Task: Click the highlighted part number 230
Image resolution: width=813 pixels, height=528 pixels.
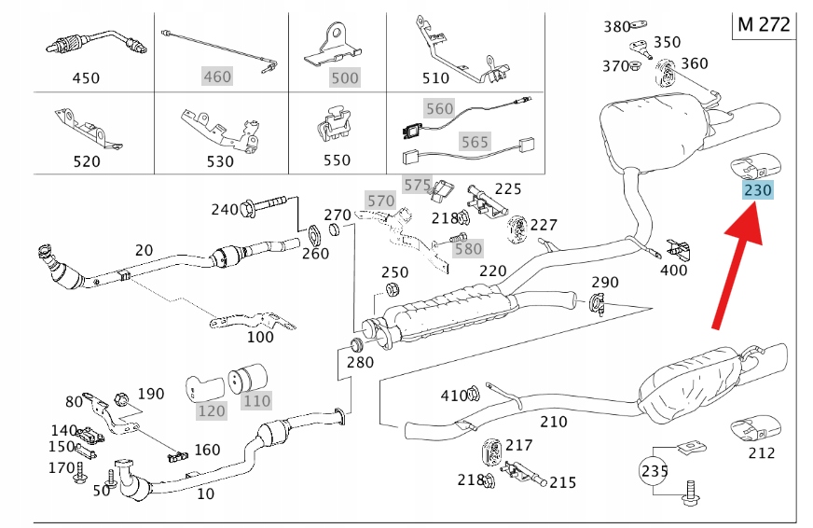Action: click(758, 191)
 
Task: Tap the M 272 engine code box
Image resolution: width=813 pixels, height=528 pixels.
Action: click(763, 25)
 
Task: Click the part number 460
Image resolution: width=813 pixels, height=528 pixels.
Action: click(216, 76)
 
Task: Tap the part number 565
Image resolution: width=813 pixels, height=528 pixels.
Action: click(474, 143)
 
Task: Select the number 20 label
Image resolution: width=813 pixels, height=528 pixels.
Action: click(144, 250)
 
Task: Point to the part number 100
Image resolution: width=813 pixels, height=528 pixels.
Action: click(260, 337)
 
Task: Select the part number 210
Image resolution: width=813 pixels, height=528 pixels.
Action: click(553, 422)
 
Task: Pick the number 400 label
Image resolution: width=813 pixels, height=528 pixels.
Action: click(672, 271)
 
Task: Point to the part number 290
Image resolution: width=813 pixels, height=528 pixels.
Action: click(605, 282)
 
